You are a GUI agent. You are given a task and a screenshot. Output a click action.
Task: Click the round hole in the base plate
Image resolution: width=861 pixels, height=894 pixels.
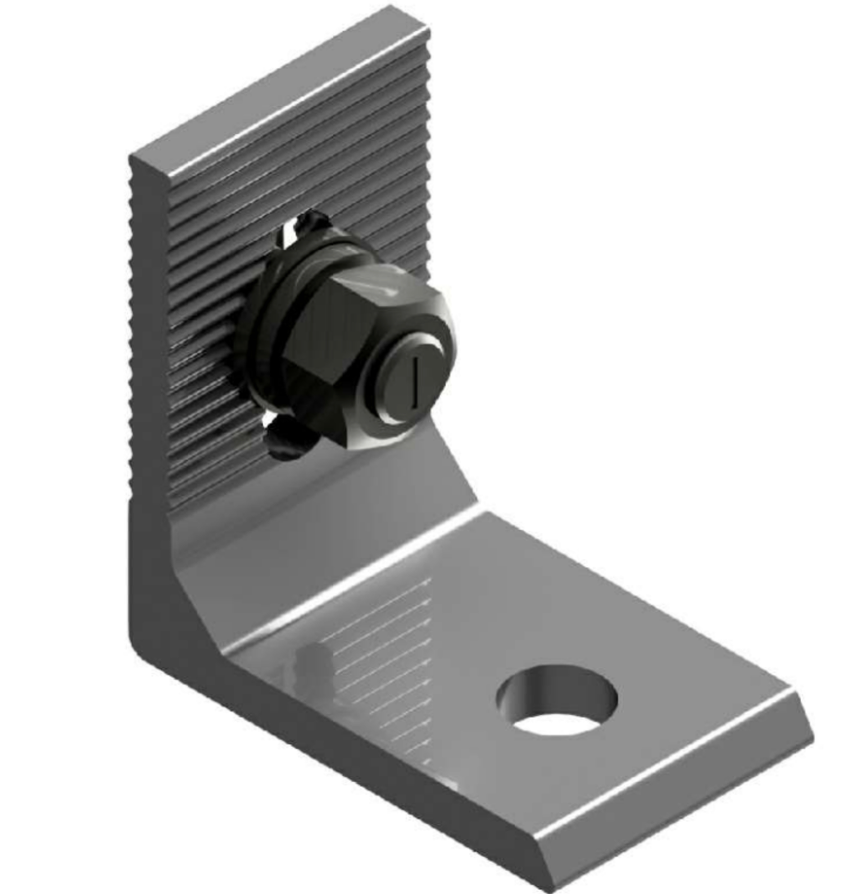click(557, 700)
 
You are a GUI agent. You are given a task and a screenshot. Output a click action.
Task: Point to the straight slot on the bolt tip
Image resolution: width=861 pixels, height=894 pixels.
click(414, 382)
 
